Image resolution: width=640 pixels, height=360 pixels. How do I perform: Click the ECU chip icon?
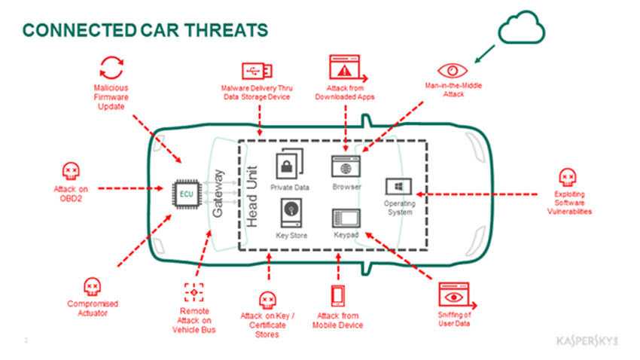click(x=186, y=194)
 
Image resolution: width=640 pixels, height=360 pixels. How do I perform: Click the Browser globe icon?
click(x=346, y=166)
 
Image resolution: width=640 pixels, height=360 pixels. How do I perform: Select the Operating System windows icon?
click(x=398, y=186)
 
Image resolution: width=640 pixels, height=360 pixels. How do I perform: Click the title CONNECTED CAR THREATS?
click(x=145, y=30)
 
